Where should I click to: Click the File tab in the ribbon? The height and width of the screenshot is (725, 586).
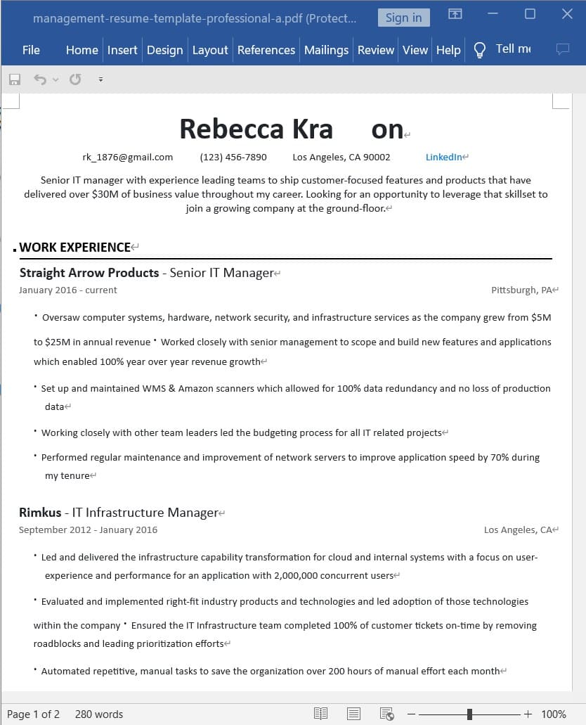(31, 50)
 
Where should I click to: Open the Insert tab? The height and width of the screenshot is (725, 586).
(122, 50)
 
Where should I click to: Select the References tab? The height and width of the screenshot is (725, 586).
(266, 50)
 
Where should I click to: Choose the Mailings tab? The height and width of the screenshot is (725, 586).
(326, 50)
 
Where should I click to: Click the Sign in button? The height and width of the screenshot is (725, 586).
(403, 18)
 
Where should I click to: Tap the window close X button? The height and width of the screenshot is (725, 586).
(567, 14)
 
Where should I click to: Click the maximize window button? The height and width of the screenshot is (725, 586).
(530, 14)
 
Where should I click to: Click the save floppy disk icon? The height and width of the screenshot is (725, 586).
(15, 79)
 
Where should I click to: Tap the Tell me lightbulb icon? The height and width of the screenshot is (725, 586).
(480, 50)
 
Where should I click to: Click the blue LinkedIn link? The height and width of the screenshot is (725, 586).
(444, 157)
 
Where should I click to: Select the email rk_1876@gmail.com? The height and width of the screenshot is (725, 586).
(127, 157)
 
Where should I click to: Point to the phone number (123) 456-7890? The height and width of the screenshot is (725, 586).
(233, 157)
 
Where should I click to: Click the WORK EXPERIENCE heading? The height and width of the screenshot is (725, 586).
(75, 247)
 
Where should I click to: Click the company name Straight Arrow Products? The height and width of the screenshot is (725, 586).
(89, 273)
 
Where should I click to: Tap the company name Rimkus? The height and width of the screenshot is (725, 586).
(40, 513)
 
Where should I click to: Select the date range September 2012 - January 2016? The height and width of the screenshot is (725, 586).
(88, 530)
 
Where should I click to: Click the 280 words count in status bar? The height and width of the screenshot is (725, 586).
(99, 714)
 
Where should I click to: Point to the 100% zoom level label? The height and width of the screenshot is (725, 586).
(553, 714)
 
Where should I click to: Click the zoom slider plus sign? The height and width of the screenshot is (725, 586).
(528, 714)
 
